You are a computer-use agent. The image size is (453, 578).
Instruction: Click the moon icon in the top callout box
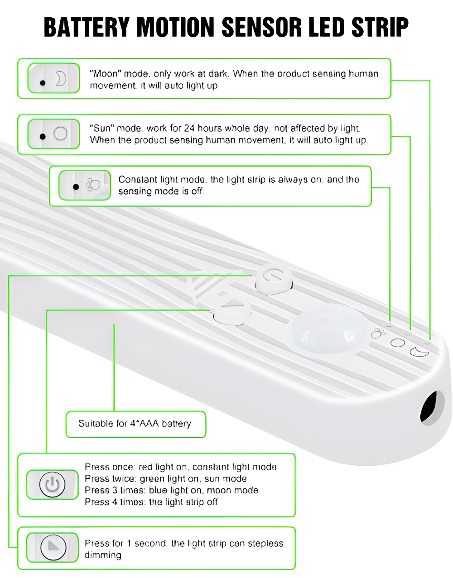(x=60, y=79)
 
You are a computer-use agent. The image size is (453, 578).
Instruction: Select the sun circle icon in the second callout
(x=60, y=134)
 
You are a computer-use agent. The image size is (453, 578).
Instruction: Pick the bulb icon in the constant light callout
(x=93, y=185)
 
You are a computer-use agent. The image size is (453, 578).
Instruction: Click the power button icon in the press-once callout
(x=52, y=485)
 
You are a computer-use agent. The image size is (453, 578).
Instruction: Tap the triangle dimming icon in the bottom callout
(x=53, y=547)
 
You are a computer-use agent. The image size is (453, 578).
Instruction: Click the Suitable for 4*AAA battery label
(x=135, y=424)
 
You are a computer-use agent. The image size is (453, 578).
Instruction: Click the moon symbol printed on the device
(x=419, y=352)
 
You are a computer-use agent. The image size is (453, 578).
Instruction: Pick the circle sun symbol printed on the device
(x=397, y=343)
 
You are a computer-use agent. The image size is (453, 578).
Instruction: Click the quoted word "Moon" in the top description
(x=105, y=74)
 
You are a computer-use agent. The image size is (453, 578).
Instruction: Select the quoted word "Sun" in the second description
(x=101, y=129)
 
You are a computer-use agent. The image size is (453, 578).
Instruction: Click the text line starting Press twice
(x=166, y=479)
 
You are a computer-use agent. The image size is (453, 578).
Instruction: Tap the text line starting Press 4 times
(x=151, y=502)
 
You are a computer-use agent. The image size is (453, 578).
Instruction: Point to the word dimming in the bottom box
(x=104, y=555)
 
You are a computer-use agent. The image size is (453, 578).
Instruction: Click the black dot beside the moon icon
(x=43, y=83)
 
